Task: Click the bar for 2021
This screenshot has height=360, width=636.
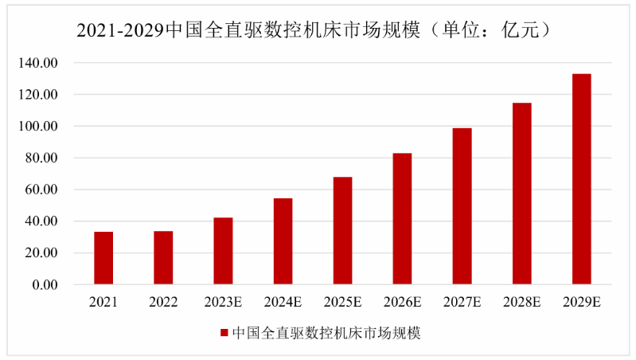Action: coord(103,258)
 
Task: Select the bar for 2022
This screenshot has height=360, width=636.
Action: coord(163,257)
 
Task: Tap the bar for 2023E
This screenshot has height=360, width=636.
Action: coord(223,251)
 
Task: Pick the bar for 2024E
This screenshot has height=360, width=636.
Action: coord(283,241)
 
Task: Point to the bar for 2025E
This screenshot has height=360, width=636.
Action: coord(342,231)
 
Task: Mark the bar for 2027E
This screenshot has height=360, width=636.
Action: coord(462,206)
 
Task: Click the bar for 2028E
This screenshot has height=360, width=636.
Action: coord(521,194)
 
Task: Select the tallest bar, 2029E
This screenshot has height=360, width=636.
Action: coord(581,179)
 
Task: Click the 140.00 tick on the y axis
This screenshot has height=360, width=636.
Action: coord(41,63)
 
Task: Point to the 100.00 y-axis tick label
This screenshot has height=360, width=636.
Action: coord(41,127)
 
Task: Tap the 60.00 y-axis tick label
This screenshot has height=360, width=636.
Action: coord(43,190)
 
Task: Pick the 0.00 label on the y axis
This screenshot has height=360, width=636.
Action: coord(45,285)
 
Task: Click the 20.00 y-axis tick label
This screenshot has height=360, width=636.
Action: coord(43,253)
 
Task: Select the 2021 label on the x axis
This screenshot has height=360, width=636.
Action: coord(103,303)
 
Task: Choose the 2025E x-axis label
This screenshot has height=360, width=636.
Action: coord(342,303)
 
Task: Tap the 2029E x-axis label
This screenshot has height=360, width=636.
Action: coord(581,303)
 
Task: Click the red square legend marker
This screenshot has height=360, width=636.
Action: coord(224,333)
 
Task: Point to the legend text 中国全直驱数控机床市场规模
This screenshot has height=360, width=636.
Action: coord(326,333)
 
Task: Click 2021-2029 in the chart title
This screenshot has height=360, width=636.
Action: coord(119,30)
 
